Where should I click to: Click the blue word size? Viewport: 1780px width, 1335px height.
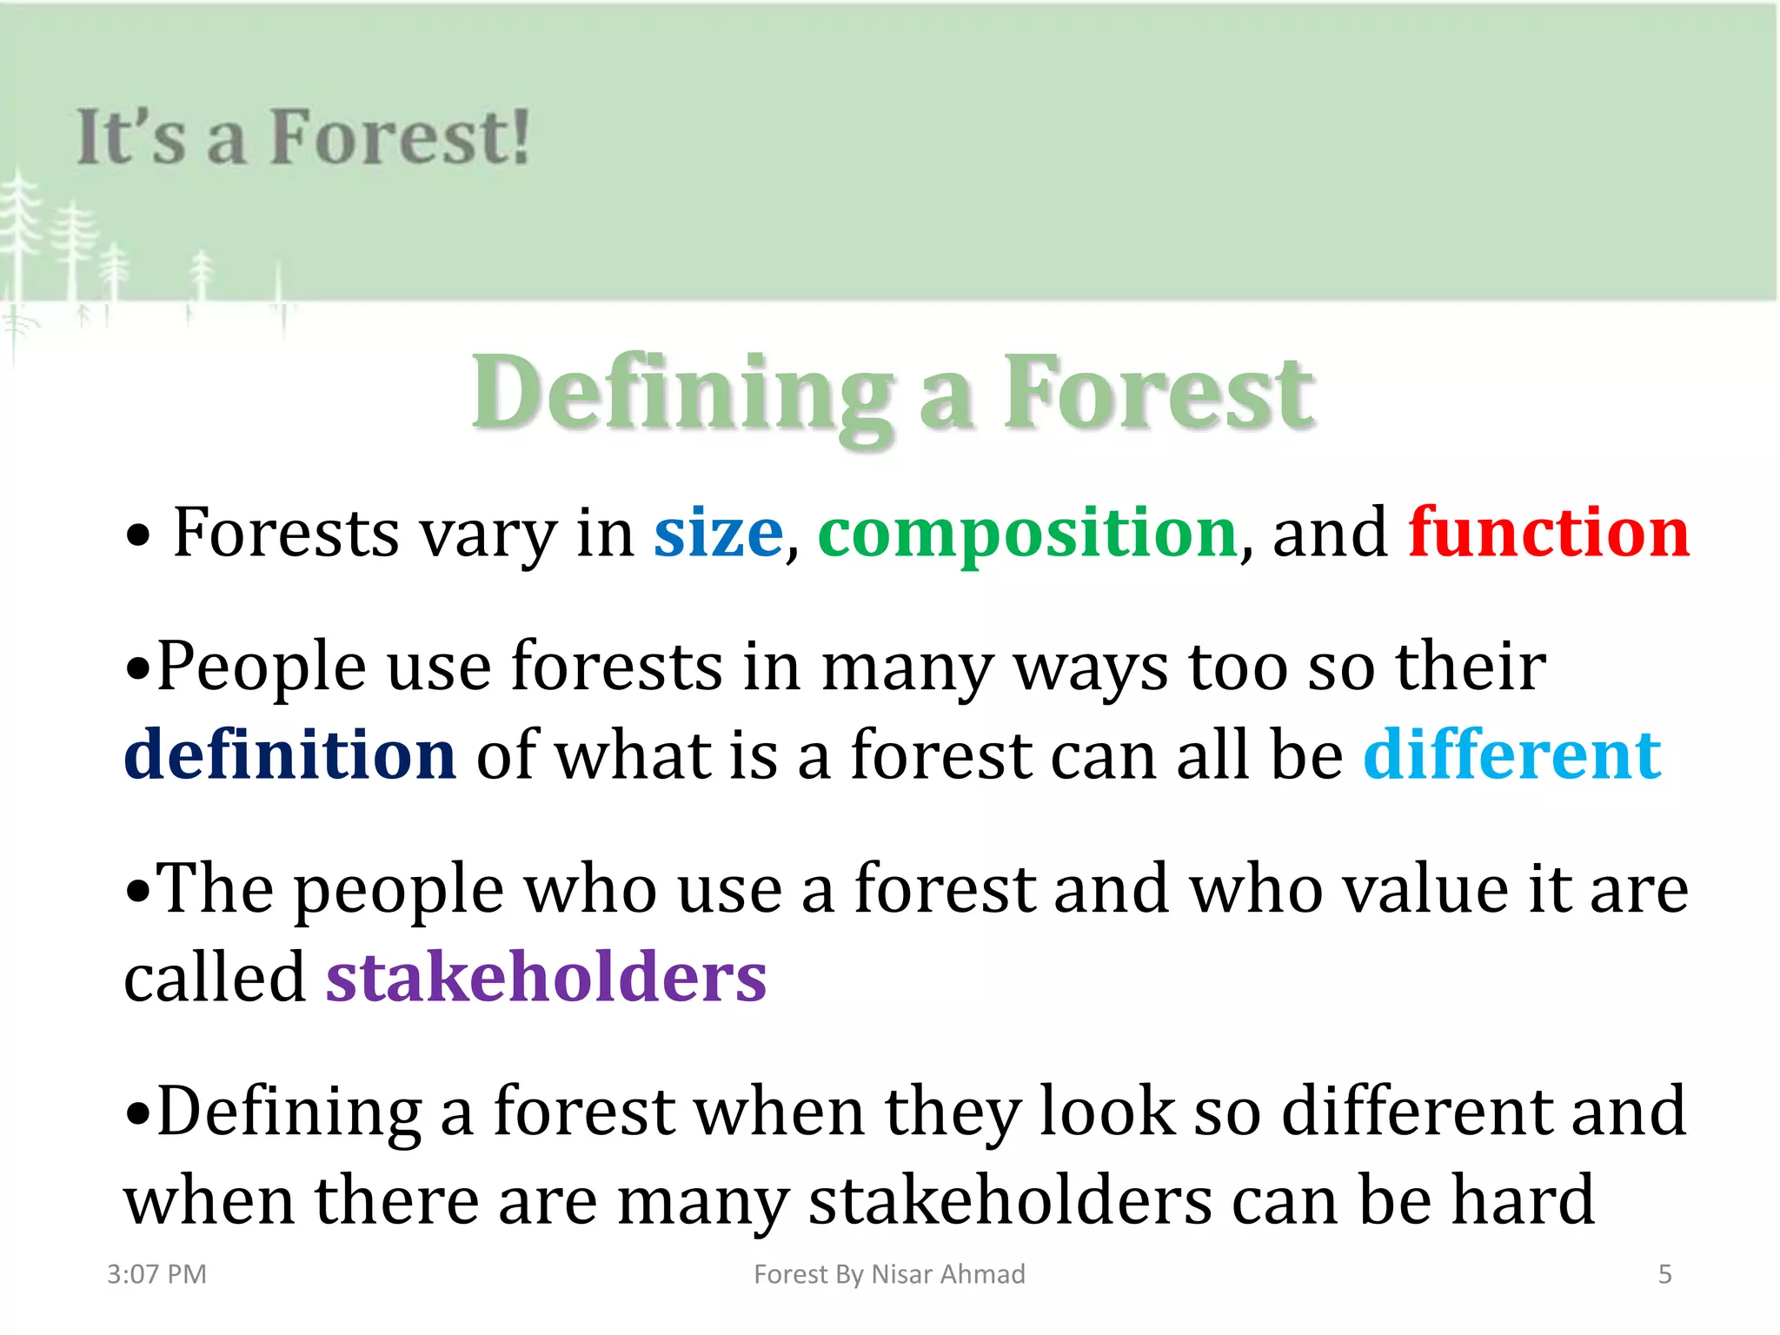pos(718,534)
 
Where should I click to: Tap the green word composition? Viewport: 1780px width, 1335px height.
pos(1027,534)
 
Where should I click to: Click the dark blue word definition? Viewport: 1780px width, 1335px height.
pos(290,754)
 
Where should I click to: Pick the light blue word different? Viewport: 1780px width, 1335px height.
pos(1512,754)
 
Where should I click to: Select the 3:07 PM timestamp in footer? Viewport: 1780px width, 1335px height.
pos(156,1274)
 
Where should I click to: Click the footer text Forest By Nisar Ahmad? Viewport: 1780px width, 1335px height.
pos(889,1274)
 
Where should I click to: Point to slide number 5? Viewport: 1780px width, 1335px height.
pos(1664,1274)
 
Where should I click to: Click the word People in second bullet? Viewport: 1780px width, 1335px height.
pos(261,667)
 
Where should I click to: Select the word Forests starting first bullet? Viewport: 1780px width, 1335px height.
pos(286,534)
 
